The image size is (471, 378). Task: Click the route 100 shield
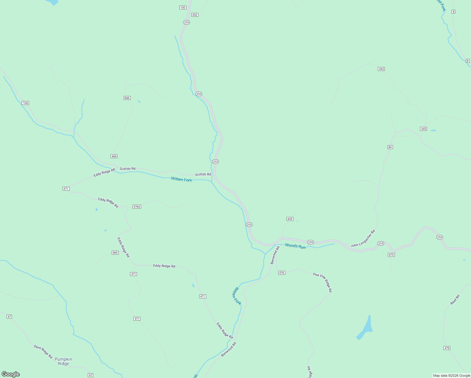[x=183, y=8]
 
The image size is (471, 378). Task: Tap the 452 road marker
[x=195, y=15]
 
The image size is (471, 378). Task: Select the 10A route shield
[x=26, y=103]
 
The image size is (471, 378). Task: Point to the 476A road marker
[x=137, y=207]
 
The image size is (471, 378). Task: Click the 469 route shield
[x=115, y=253]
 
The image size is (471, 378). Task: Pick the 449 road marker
[x=290, y=219]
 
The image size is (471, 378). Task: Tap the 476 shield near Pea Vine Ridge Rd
[x=282, y=273]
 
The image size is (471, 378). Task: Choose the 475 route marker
[x=391, y=255]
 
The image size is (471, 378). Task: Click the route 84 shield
[x=390, y=147]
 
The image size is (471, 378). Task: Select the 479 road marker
[x=447, y=348]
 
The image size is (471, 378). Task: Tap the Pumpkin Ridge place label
[x=63, y=361]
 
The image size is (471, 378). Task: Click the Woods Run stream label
[x=295, y=246]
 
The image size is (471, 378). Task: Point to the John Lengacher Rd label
[x=363, y=238]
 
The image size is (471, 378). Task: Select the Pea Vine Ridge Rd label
[x=323, y=283]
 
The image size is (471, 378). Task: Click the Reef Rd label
[x=455, y=300]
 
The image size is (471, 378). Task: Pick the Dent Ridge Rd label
[x=43, y=352]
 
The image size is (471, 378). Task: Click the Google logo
[x=11, y=374]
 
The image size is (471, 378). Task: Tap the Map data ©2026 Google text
[x=451, y=375]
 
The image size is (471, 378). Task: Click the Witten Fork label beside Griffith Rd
[x=181, y=179]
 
